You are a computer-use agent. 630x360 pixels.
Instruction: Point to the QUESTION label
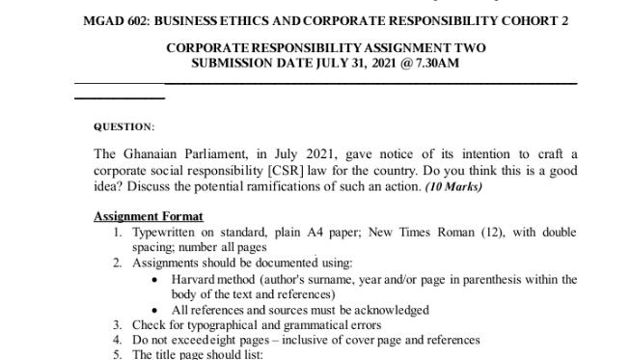[123, 126]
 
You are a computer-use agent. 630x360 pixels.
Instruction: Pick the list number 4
[117, 341]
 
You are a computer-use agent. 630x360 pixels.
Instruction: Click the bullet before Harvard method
[156, 280]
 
